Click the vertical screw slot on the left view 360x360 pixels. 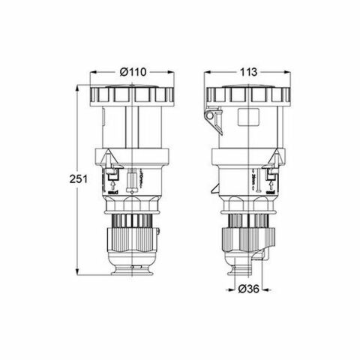(133, 182)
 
